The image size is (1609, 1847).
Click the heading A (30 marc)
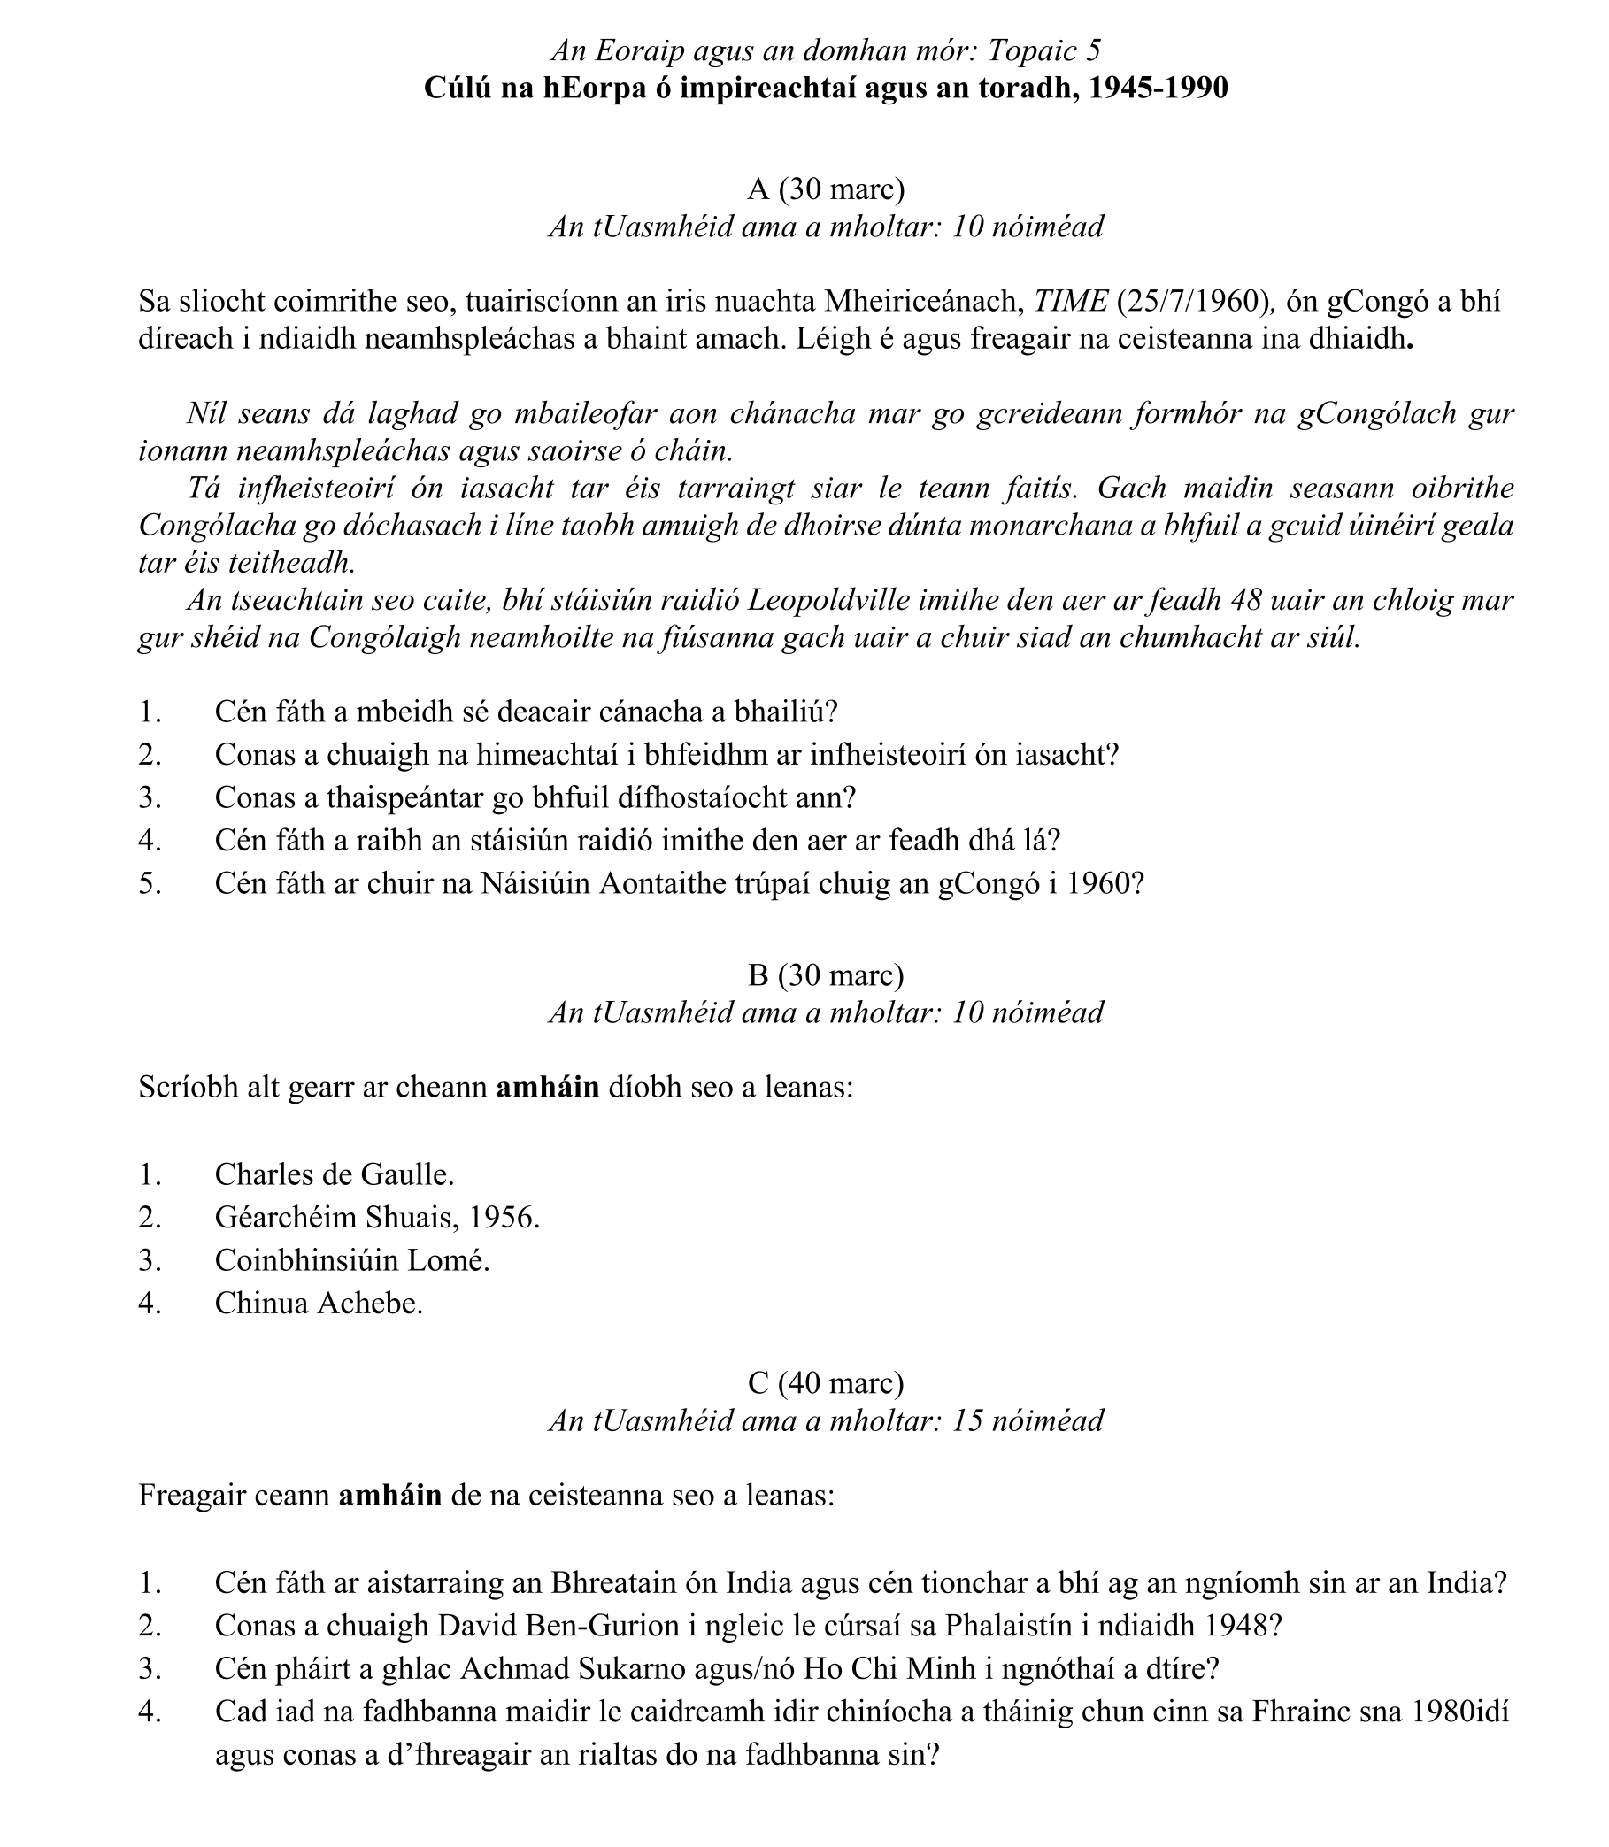(x=825, y=189)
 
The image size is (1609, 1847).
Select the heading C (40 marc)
(x=825, y=1383)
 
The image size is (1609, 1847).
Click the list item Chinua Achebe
(x=318, y=1303)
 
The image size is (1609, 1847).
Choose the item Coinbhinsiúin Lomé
(x=352, y=1259)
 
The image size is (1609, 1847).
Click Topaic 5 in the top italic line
(x=1043, y=51)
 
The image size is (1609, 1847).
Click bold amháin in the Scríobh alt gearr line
(x=547, y=1088)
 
